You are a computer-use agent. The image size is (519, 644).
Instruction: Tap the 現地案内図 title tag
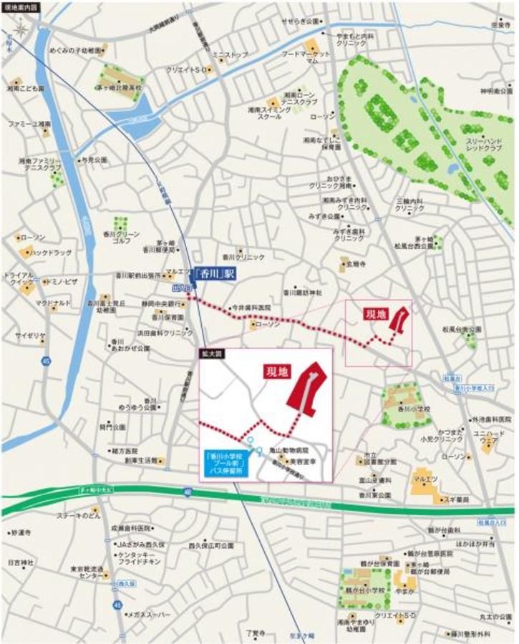coord(22,6)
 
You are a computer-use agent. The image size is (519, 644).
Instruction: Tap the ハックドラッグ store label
coord(46,252)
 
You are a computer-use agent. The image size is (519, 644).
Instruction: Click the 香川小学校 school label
coord(414,409)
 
